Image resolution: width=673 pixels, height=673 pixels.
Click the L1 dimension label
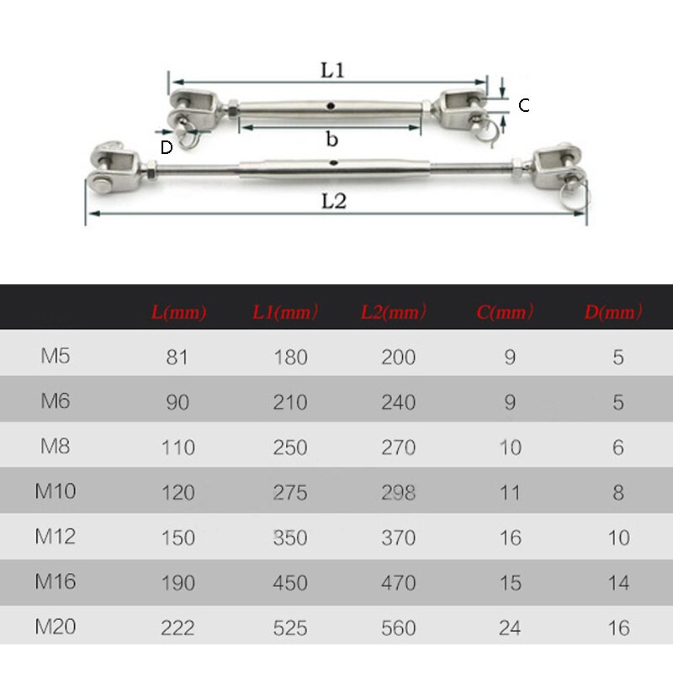(332, 71)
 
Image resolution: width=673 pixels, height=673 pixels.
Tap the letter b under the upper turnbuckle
(332, 140)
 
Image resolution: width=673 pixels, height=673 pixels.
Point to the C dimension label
(523, 105)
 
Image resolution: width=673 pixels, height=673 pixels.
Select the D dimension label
(167, 147)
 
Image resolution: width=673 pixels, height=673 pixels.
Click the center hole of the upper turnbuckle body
(331, 107)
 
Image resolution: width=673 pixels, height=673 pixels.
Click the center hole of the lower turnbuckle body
(334, 162)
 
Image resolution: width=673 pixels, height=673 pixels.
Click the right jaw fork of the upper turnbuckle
(463, 108)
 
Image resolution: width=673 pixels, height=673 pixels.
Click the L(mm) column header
(178, 313)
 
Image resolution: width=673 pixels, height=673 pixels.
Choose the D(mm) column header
(613, 313)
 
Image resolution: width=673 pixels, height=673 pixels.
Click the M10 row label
(56, 490)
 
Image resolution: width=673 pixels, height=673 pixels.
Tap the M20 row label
(56, 627)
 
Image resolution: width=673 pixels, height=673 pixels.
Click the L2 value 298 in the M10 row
(398, 492)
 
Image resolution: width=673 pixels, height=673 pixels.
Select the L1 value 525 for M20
(290, 628)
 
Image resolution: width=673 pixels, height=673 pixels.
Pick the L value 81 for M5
(178, 358)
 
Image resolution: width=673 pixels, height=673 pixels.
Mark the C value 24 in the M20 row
(510, 628)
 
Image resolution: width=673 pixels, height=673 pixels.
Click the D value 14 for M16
(618, 583)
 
